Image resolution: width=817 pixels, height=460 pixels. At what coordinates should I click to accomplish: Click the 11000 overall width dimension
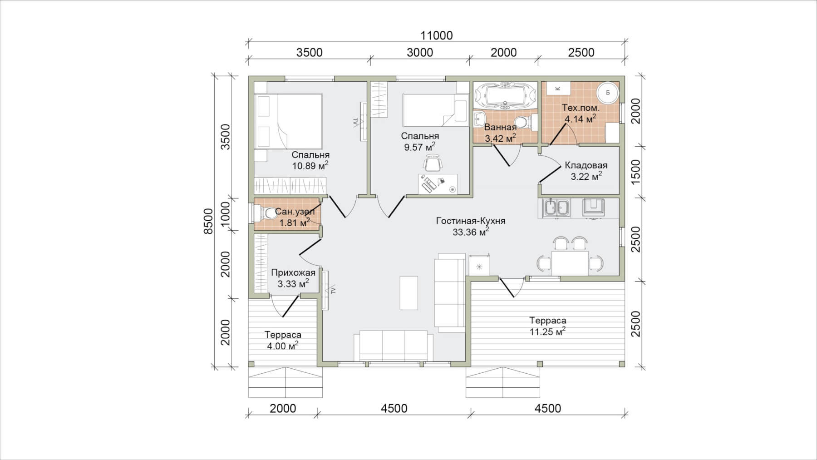[x=436, y=35]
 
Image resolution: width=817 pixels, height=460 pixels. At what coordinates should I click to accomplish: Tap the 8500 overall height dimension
[x=208, y=221]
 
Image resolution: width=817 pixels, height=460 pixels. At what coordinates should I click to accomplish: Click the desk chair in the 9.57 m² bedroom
[x=433, y=163]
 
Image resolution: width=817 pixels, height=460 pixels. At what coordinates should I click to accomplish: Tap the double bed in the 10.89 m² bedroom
[x=289, y=121]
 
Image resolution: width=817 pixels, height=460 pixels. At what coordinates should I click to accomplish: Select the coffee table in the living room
[x=408, y=293]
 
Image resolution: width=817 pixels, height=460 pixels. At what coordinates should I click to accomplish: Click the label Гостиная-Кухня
[x=471, y=221]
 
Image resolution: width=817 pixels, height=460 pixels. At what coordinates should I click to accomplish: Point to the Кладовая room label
[x=586, y=165]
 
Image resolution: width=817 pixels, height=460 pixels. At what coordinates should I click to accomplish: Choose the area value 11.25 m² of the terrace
[x=548, y=331]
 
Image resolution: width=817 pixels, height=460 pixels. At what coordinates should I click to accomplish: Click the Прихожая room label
[x=293, y=273]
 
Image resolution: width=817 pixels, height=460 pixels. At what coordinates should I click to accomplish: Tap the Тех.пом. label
[x=581, y=108]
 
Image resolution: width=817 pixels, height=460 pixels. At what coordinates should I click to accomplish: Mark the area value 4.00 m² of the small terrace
[x=283, y=346]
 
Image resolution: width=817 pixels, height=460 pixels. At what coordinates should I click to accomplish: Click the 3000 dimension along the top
[x=420, y=53]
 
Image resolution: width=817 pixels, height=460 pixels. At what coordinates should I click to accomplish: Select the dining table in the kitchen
[x=570, y=263]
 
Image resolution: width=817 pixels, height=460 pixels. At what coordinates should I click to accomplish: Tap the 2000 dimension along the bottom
[x=283, y=409]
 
